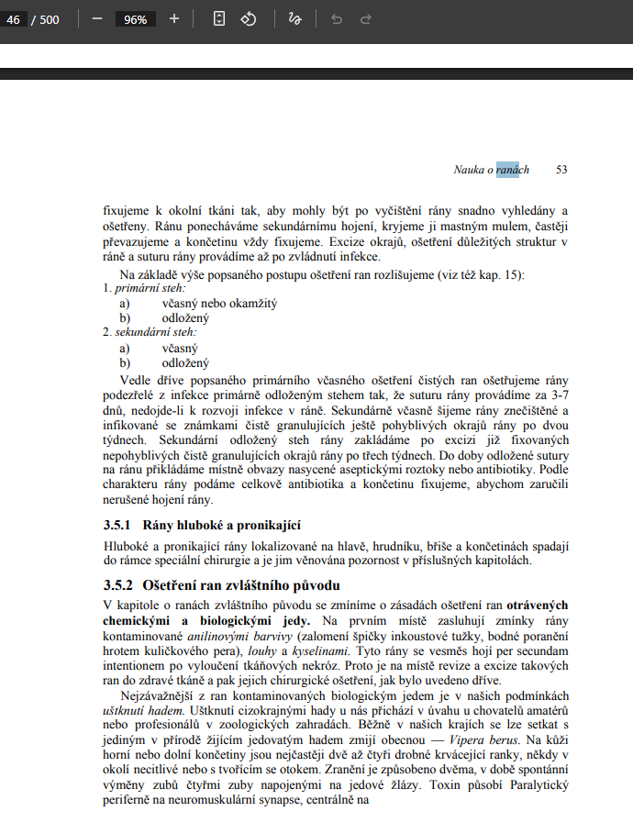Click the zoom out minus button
97,18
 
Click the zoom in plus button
174,18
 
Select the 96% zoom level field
136,19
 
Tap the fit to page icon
219,18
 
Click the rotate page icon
248,18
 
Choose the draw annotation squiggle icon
294,18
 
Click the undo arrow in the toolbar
337,18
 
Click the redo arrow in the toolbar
365,18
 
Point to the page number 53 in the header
561,170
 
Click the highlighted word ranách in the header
513,170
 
